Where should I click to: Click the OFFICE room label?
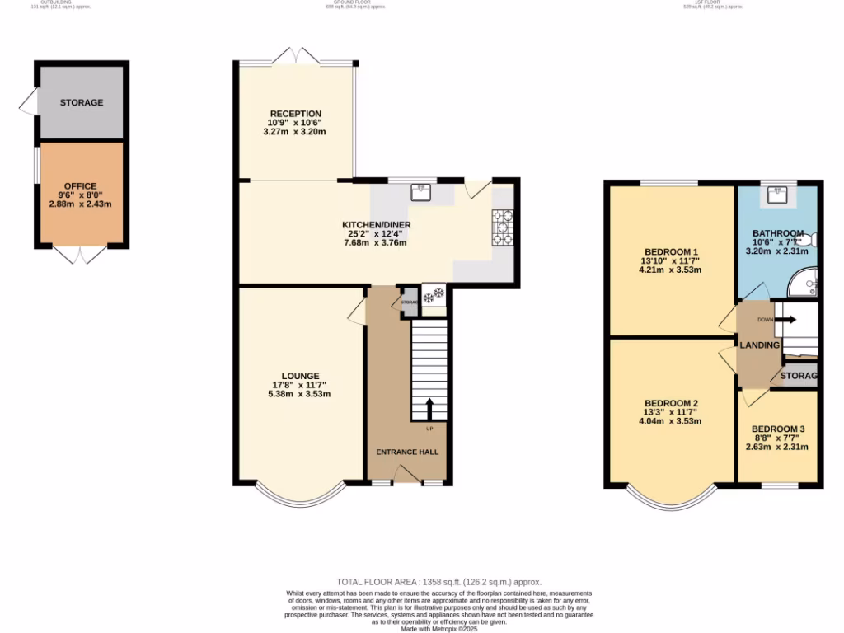point(82,186)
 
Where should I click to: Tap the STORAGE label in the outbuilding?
point(82,103)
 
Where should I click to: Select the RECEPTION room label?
point(294,114)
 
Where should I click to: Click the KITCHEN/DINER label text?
point(377,224)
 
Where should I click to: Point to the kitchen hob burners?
point(502,227)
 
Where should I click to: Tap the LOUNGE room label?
point(299,376)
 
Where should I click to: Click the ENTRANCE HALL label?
point(407,452)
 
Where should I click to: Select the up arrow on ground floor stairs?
point(429,410)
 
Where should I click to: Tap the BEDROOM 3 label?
point(778,429)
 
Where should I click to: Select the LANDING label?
point(759,345)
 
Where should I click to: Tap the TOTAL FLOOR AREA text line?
point(439,582)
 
